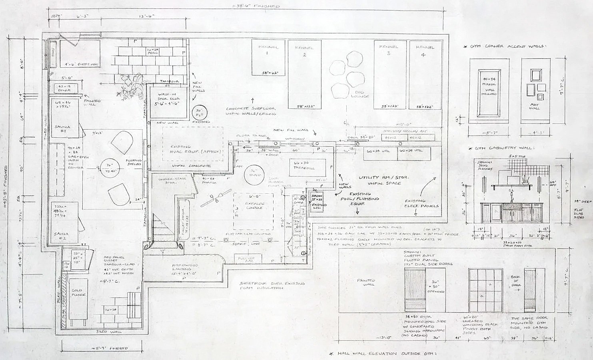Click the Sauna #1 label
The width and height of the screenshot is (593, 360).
[64, 130]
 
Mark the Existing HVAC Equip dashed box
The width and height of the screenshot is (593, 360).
[193, 150]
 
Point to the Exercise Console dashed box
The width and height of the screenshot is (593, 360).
[254, 210]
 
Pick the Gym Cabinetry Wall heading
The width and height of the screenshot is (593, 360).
[499, 148]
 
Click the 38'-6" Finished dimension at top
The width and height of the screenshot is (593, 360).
[258, 6]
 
